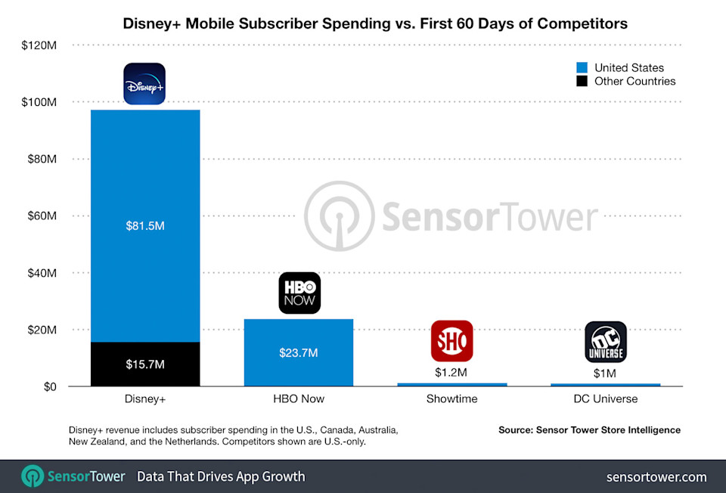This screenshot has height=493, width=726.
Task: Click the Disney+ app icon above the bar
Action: pyautogui.click(x=144, y=83)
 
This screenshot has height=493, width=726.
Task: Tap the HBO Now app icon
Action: pyautogui.click(x=299, y=293)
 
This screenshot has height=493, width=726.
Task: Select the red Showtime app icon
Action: pyautogui.click(x=452, y=341)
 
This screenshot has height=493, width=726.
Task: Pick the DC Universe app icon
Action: pyautogui.click(x=606, y=342)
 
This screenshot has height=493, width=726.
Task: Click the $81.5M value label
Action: pyautogui.click(x=144, y=226)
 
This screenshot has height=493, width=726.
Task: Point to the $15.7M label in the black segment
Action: pyautogui.click(x=144, y=364)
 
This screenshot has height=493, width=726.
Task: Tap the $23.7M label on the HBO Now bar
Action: pyautogui.click(x=298, y=353)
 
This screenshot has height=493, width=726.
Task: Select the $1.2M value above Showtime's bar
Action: pyautogui.click(x=452, y=373)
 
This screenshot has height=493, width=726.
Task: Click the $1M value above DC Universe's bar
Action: pyautogui.click(x=606, y=373)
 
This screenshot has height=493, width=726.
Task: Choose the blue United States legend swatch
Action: pyautogui.click(x=582, y=68)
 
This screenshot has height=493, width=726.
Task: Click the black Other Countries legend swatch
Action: pyautogui.click(x=582, y=81)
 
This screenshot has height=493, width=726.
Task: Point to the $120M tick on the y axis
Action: pyautogui.click(x=38, y=45)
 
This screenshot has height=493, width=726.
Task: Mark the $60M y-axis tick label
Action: pyautogui.click(x=41, y=216)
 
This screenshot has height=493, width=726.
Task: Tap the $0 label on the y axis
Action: pyautogui.click(x=50, y=387)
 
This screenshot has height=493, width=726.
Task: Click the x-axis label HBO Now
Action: pyautogui.click(x=298, y=399)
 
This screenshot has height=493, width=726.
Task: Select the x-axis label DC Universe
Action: pyautogui.click(x=605, y=399)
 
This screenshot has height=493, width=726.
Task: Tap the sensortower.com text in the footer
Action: pyautogui.click(x=656, y=476)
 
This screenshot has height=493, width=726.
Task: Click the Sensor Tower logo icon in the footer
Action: pyautogui.click(x=33, y=476)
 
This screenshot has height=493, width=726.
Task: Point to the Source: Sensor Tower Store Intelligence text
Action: pyautogui.click(x=589, y=429)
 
